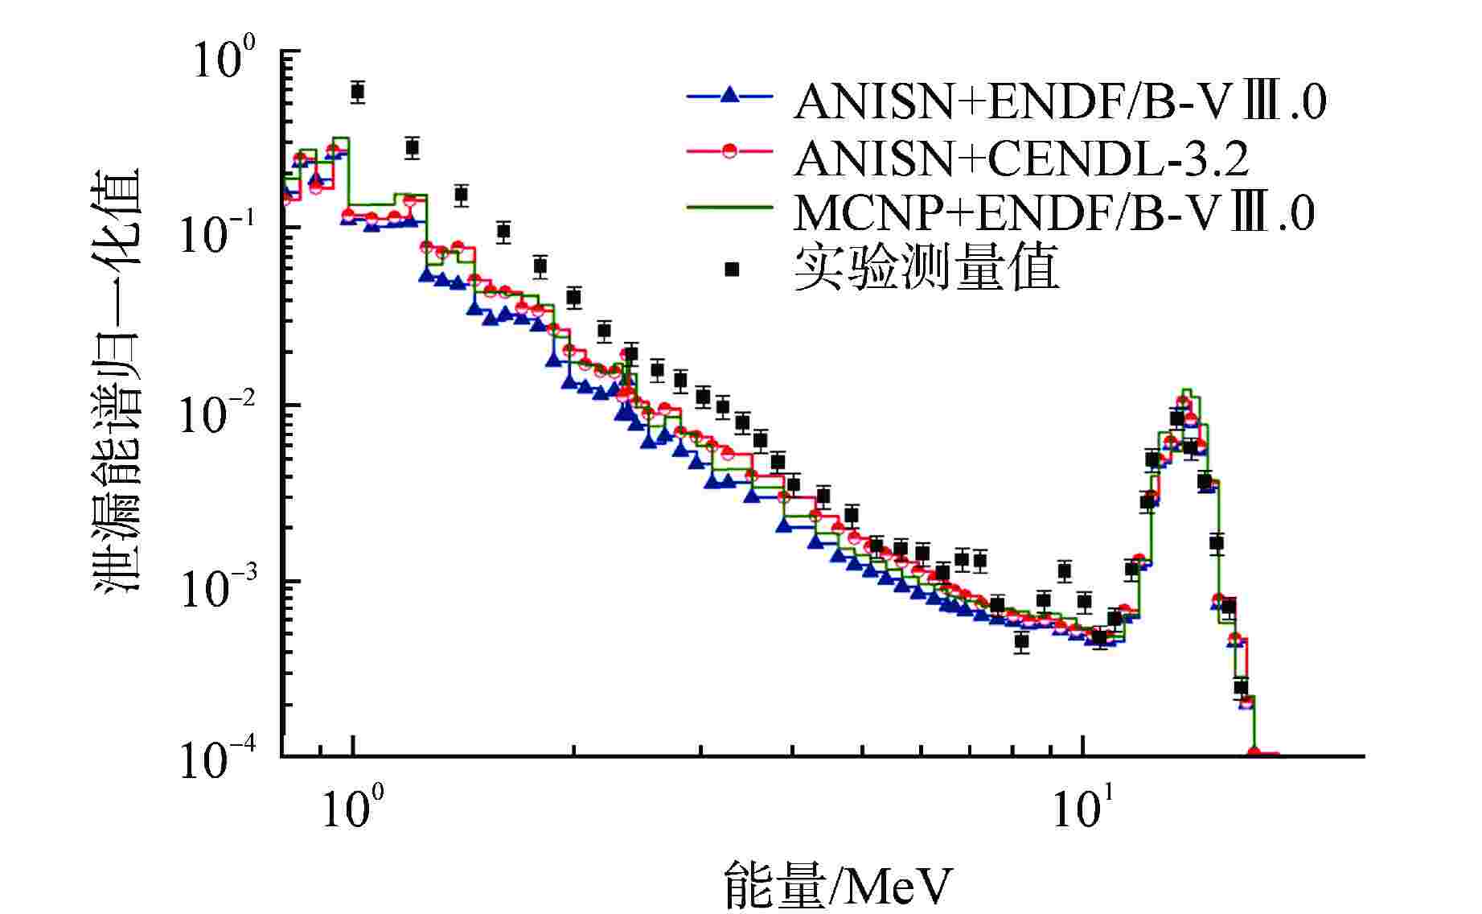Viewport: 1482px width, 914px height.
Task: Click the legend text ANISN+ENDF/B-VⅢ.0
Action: pyautogui.click(x=1059, y=103)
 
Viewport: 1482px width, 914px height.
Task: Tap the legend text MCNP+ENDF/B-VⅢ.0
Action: pyautogui.click(x=1053, y=213)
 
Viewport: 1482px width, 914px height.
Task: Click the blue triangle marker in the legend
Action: pyautogui.click(x=729, y=96)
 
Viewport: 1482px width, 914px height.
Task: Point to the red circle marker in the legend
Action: pyautogui.click(x=729, y=151)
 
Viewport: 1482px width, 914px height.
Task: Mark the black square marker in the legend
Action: pyautogui.click(x=732, y=269)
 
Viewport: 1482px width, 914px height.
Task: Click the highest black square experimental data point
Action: pyautogui.click(x=358, y=91)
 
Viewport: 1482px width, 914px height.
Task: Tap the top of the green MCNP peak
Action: pyautogui.click(x=1187, y=389)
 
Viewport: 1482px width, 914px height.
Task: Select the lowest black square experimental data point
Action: pyautogui.click(x=1242, y=687)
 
